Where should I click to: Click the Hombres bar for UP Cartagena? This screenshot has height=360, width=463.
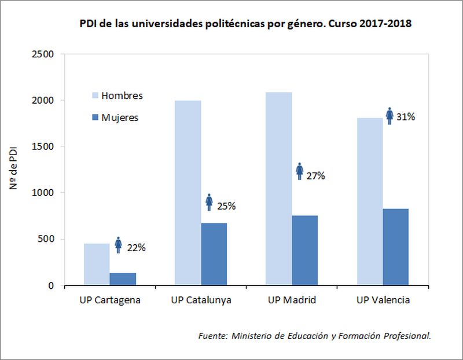[97, 265]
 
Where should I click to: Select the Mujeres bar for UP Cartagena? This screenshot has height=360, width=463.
[123, 279]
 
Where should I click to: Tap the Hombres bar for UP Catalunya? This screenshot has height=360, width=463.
[188, 193]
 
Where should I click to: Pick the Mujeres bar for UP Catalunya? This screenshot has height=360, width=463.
[214, 254]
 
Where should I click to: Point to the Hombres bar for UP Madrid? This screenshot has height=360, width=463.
[279, 189]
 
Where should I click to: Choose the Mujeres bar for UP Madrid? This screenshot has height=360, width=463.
[304, 250]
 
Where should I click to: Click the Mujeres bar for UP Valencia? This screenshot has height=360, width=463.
[395, 247]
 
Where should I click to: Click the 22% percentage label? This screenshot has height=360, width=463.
[137, 248]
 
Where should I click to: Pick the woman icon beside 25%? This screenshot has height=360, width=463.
[210, 203]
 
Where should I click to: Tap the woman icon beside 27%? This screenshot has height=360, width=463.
[300, 171]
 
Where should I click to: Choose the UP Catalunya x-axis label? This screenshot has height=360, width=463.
[201, 300]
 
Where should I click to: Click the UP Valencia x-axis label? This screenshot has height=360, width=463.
[383, 300]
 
